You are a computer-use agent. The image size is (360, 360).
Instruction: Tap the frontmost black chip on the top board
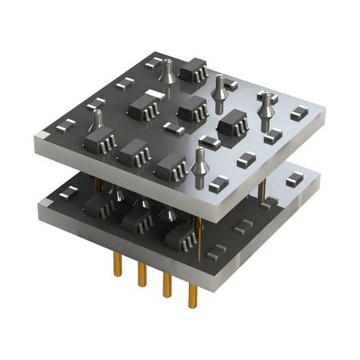pos(171,165)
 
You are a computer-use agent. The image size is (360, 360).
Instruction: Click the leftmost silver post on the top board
pos(97,122)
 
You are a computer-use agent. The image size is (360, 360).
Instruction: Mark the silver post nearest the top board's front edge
pos(200,163)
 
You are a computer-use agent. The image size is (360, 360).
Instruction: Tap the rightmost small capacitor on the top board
pos(297,116)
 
